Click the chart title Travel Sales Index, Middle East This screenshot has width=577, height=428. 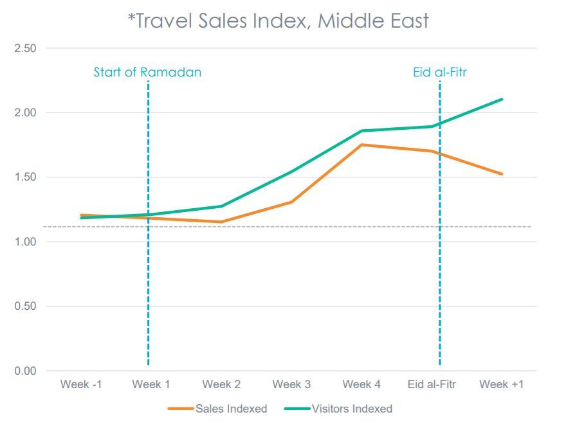[x=278, y=21]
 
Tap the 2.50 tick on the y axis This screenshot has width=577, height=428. [x=26, y=48]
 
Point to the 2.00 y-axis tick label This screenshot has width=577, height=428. [x=26, y=112]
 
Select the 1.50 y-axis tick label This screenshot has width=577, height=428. [x=26, y=177]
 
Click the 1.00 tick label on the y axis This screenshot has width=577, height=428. [x=26, y=242]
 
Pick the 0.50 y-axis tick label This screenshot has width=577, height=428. [x=26, y=307]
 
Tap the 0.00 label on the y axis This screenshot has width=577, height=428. [x=26, y=371]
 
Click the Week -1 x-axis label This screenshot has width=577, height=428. [x=81, y=384]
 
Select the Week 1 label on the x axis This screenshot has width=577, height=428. [x=151, y=384]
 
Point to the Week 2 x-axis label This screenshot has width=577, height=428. [x=221, y=384]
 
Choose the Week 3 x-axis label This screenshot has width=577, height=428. [x=291, y=384]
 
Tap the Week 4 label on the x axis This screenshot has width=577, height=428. [x=362, y=384]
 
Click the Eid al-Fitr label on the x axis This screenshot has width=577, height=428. [x=432, y=384]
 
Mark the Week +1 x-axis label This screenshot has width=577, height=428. [x=502, y=384]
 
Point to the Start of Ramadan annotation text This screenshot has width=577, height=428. [x=147, y=72]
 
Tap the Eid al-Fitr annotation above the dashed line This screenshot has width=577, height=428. [x=439, y=72]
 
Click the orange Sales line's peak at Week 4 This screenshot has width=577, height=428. [x=362, y=145]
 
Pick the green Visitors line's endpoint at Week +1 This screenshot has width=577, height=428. [x=502, y=99]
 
